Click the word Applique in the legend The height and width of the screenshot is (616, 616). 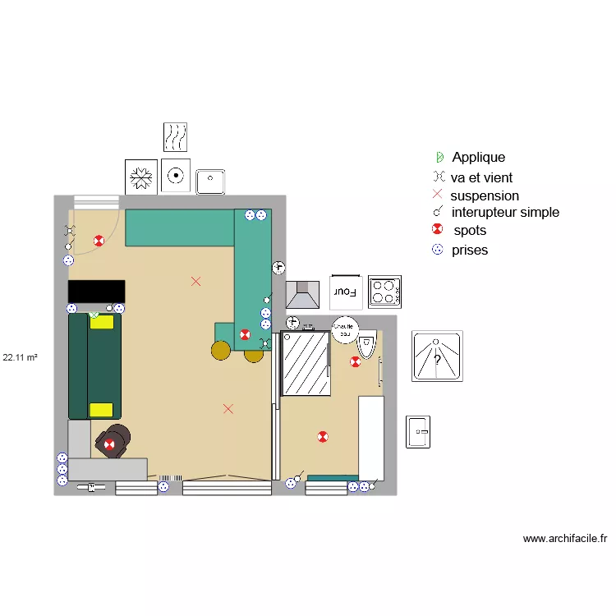(x=478, y=157)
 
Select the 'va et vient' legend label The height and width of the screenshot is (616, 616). (x=481, y=177)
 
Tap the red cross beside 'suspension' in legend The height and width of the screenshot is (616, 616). (x=437, y=195)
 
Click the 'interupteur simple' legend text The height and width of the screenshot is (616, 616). (x=505, y=212)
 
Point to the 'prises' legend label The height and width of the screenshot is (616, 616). (x=469, y=250)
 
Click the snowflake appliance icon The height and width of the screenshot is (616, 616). (x=140, y=177)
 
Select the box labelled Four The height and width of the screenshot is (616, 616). (x=346, y=291)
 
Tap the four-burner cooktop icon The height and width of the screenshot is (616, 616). (x=384, y=291)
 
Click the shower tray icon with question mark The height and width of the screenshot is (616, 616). (x=437, y=356)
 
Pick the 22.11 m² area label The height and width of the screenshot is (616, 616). (x=21, y=357)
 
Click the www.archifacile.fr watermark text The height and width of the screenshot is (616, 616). (x=565, y=539)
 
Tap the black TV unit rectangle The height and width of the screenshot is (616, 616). (x=96, y=291)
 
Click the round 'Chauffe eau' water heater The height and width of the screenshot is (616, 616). (x=345, y=327)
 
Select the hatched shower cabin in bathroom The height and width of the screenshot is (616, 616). (x=306, y=363)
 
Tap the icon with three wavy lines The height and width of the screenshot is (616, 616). (x=175, y=137)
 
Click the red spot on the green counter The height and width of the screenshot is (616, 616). (x=245, y=334)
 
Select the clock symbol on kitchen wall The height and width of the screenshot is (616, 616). (x=278, y=267)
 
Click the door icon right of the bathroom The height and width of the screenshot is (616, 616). (x=418, y=432)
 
